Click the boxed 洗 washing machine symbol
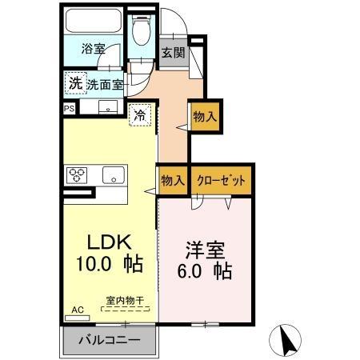click(x=75, y=82)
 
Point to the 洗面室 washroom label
click(x=105, y=83)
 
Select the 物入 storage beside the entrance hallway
click(x=205, y=116)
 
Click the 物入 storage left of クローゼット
click(x=173, y=181)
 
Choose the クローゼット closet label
click(x=214, y=181)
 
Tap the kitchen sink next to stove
click(x=112, y=174)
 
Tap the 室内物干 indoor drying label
click(x=124, y=302)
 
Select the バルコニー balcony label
click(x=109, y=340)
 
